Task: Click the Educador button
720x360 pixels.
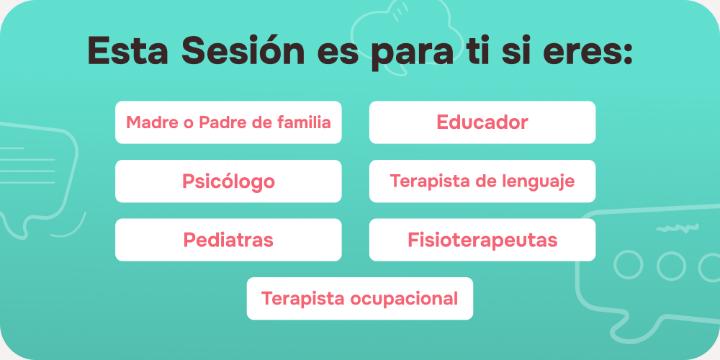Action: (x=482, y=122)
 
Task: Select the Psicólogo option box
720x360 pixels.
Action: (x=228, y=181)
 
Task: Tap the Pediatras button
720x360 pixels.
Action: (x=228, y=240)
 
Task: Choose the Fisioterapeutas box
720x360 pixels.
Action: (x=482, y=240)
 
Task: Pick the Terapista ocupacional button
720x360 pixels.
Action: (x=359, y=299)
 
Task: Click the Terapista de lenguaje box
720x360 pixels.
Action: (x=482, y=181)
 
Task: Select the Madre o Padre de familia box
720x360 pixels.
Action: (x=228, y=122)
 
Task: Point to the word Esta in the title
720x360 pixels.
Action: (x=127, y=50)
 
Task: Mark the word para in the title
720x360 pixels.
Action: (x=413, y=56)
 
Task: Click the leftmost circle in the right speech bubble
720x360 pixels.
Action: (x=629, y=264)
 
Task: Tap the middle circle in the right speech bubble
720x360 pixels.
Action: (x=671, y=266)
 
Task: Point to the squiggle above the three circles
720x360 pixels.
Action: (x=678, y=228)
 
